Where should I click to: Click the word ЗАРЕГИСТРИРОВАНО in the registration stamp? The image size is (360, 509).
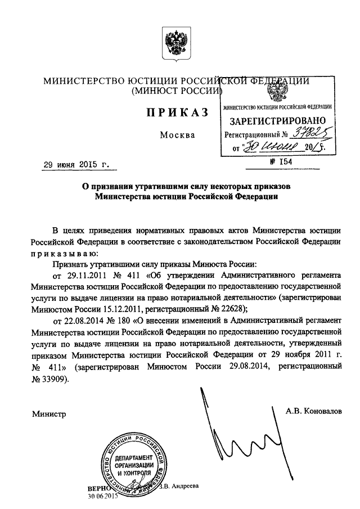(x=277, y=121)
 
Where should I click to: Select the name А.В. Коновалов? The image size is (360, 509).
(x=313, y=411)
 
